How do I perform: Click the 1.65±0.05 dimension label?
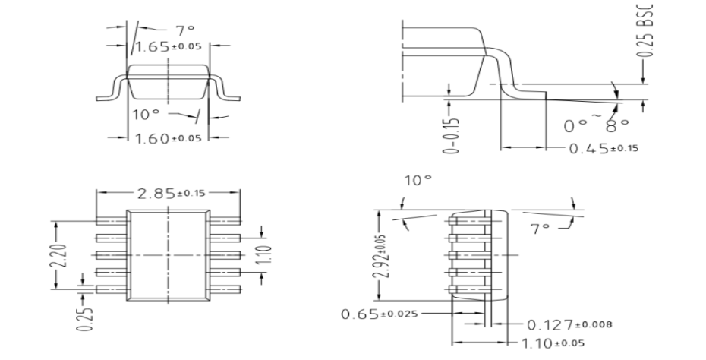(x=169, y=47)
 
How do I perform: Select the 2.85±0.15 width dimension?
(x=170, y=193)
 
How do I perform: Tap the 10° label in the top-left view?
(x=147, y=115)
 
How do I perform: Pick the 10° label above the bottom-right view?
(x=419, y=183)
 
